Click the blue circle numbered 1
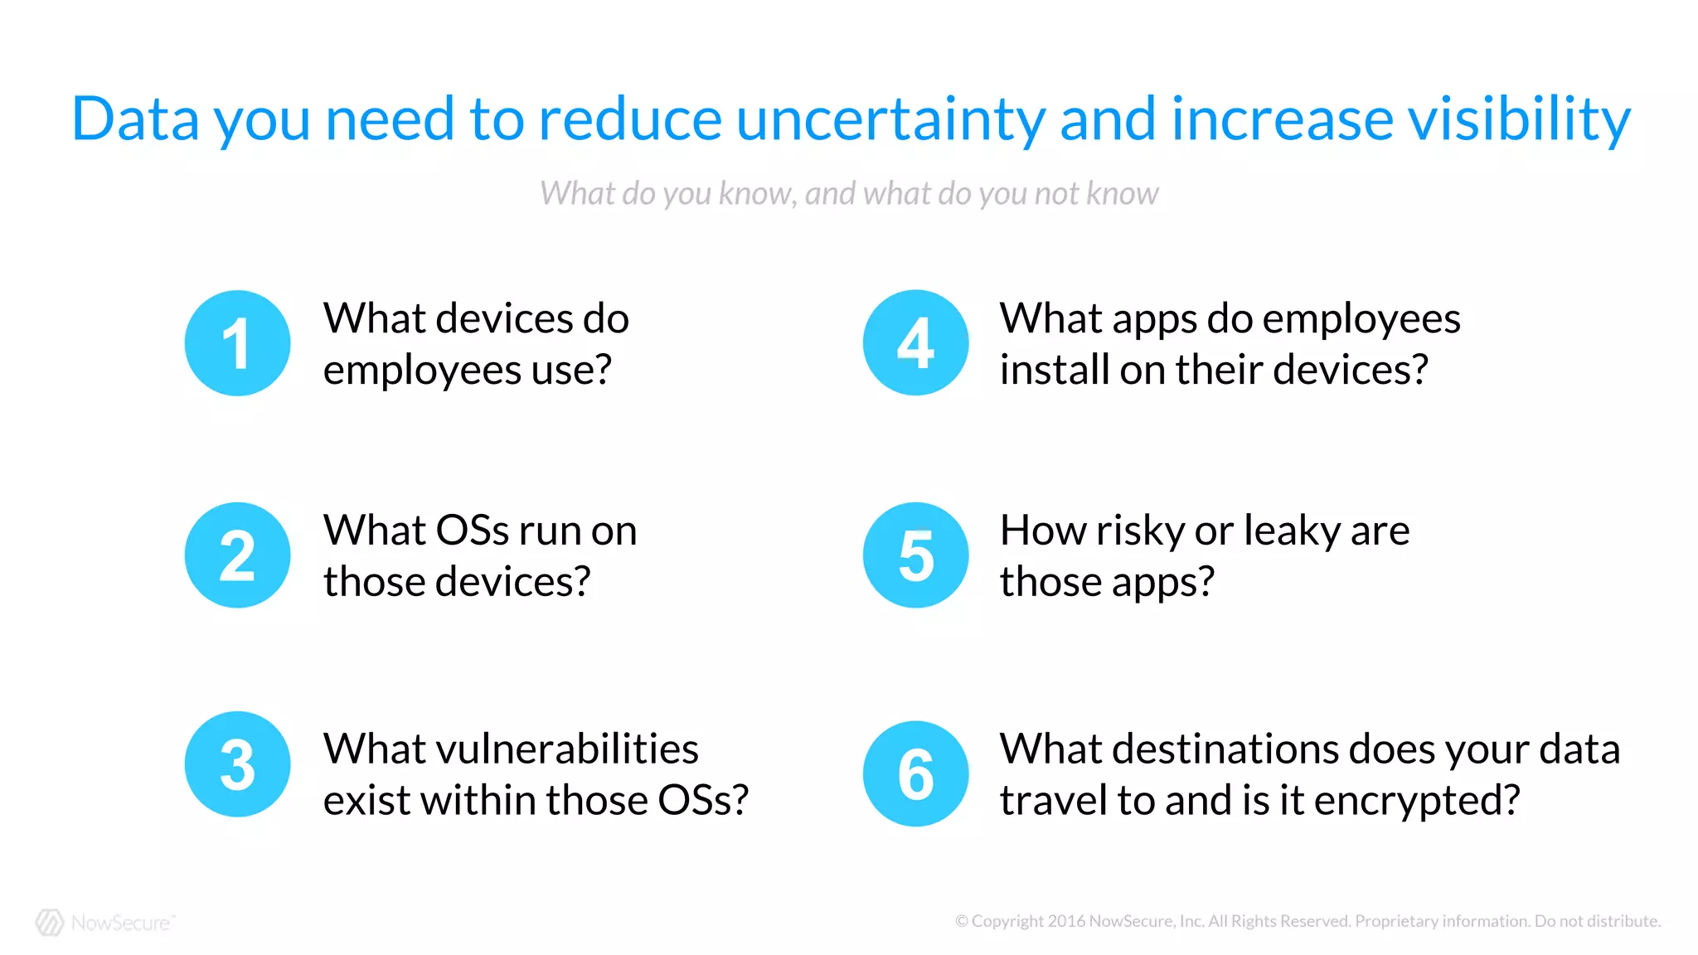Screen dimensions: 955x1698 pyautogui.click(x=237, y=343)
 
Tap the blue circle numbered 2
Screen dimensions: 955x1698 pyautogui.click(x=237, y=555)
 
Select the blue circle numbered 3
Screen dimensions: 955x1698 pyautogui.click(x=237, y=764)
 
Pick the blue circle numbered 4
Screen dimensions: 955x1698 pyautogui.click(x=915, y=342)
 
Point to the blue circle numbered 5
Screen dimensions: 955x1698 pyautogui.click(x=915, y=555)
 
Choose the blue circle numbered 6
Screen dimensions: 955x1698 pyautogui.click(x=915, y=773)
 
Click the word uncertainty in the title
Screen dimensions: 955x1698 pyautogui.click(x=890, y=119)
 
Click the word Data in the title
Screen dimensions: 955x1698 pyautogui.click(x=135, y=119)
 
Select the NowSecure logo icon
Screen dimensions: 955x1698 pyautogui.click(x=50, y=923)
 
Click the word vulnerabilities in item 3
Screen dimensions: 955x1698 pyautogui.click(x=511, y=749)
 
